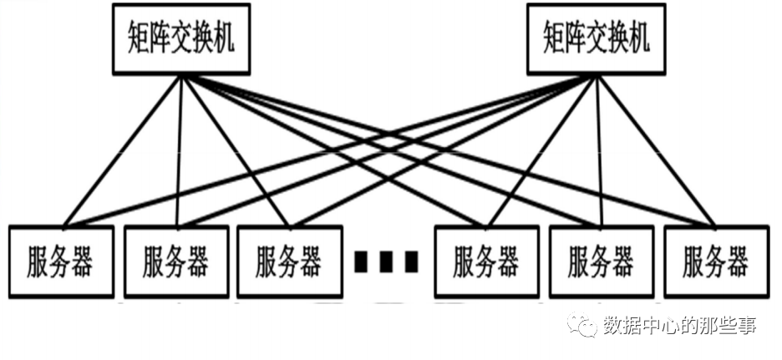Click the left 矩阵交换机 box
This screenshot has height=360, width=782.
coord(179,39)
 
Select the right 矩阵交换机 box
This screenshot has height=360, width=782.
coord(595,39)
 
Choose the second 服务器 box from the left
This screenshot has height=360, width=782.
coord(175,261)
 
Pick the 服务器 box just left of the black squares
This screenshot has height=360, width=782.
coord(288,261)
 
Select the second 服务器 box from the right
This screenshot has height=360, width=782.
coord(601,261)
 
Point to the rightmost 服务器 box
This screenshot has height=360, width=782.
coord(715,261)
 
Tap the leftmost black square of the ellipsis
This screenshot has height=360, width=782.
coord(360,261)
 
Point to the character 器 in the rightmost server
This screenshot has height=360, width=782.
coord(737,261)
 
